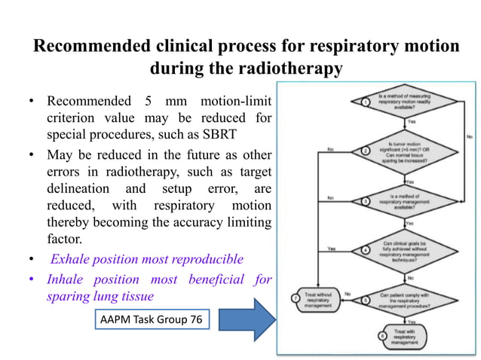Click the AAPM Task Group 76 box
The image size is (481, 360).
[150, 320]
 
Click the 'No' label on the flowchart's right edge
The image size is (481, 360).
[468, 136]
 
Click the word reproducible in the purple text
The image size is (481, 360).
[205, 259]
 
